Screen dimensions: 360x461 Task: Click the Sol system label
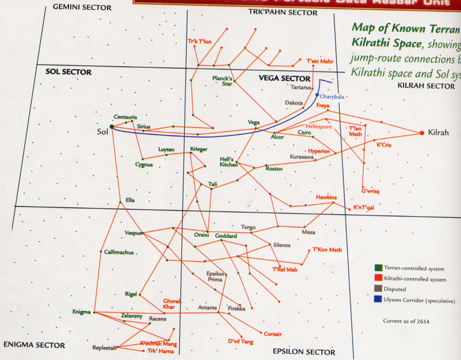tap(103, 131)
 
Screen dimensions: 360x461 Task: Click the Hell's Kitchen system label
tap(229, 161)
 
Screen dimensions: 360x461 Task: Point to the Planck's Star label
tap(222, 81)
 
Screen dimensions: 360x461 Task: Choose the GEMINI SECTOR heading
tap(82, 7)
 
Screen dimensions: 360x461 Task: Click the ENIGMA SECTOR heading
tap(34, 345)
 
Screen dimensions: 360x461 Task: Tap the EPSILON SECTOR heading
tap(304, 352)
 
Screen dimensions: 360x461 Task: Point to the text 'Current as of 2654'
tap(406, 321)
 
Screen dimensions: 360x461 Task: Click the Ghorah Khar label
tap(172, 304)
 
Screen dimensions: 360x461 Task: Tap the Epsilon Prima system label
tap(215, 277)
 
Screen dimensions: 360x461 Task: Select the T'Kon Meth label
tap(327, 250)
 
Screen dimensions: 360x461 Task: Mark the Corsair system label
tap(273, 334)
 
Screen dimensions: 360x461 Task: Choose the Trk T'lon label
tap(200, 41)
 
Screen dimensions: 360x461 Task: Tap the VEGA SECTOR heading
tap(284, 78)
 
